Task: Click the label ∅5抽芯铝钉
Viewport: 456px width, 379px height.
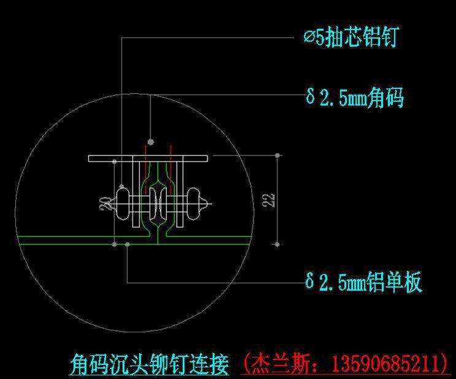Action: click(x=351, y=37)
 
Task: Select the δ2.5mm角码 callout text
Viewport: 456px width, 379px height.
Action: click(x=355, y=97)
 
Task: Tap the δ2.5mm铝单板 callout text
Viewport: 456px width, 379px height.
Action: click(x=363, y=281)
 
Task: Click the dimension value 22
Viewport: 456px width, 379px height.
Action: click(x=268, y=200)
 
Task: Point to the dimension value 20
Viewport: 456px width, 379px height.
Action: click(x=106, y=203)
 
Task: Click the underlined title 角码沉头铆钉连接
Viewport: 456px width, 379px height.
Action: click(x=150, y=364)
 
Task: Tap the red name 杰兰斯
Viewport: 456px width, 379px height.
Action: click(x=280, y=363)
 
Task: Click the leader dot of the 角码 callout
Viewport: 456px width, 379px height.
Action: click(x=150, y=142)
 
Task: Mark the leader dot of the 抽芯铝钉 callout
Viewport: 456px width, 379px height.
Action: click(x=122, y=186)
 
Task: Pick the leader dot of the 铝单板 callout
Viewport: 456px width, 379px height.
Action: click(x=128, y=244)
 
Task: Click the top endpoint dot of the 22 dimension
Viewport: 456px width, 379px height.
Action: click(x=277, y=155)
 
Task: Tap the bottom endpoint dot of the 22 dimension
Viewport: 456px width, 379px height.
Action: click(x=277, y=244)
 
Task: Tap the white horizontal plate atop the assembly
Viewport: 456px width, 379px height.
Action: click(x=148, y=158)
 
